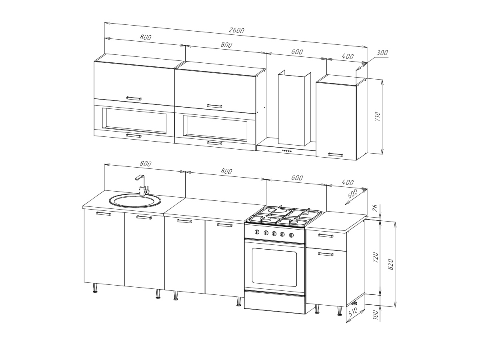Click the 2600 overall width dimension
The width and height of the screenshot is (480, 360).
pyautogui.click(x=236, y=30)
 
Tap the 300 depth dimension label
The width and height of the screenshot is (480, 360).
pyautogui.click(x=382, y=53)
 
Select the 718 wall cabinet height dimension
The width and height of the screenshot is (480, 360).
pyautogui.click(x=378, y=117)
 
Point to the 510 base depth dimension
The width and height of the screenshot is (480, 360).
pyautogui.click(x=353, y=312)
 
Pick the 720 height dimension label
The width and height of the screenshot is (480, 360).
pyautogui.click(x=375, y=257)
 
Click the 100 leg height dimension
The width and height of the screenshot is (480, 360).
pyautogui.click(x=376, y=314)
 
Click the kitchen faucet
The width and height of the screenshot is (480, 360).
pyautogui.click(x=142, y=185)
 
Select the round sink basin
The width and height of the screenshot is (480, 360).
pyautogui.click(x=135, y=200)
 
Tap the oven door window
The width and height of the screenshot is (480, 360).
pyautogui.click(x=274, y=267)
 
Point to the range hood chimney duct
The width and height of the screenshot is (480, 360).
pyautogui.click(x=294, y=108)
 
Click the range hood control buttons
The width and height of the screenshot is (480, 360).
pyautogui.click(x=287, y=151)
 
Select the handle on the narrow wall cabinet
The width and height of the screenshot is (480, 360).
pyautogui.click(x=336, y=155)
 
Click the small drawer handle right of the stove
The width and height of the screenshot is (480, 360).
pyautogui.click(x=326, y=236)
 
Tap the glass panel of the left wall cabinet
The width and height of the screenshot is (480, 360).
pyautogui.click(x=135, y=121)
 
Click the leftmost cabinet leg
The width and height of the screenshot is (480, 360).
pyautogui.click(x=95, y=288)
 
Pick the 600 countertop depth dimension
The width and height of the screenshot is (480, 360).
pyautogui.click(x=352, y=194)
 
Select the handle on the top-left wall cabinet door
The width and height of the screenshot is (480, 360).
pyautogui.click(x=134, y=98)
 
